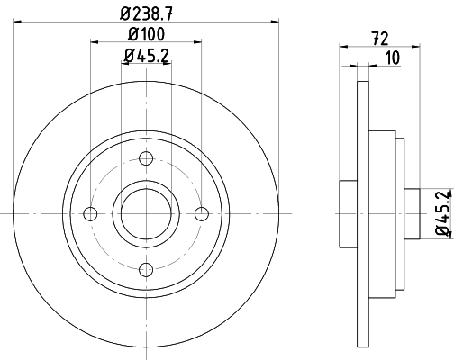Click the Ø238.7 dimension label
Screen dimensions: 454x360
pyautogui.click(x=147, y=13)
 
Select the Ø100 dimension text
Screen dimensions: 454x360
pyautogui.click(x=146, y=33)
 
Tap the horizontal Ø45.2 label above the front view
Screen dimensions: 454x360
pyautogui.click(x=146, y=56)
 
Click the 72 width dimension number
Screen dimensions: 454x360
pyautogui.click(x=380, y=39)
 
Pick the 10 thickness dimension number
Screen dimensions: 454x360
pyautogui.click(x=393, y=58)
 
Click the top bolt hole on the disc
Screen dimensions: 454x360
pyautogui.click(x=146, y=158)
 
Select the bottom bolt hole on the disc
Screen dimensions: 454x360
pyautogui.click(x=146, y=269)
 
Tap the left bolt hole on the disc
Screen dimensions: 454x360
pyautogui.click(x=90, y=213)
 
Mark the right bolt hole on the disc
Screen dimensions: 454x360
pyautogui.click(x=202, y=213)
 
